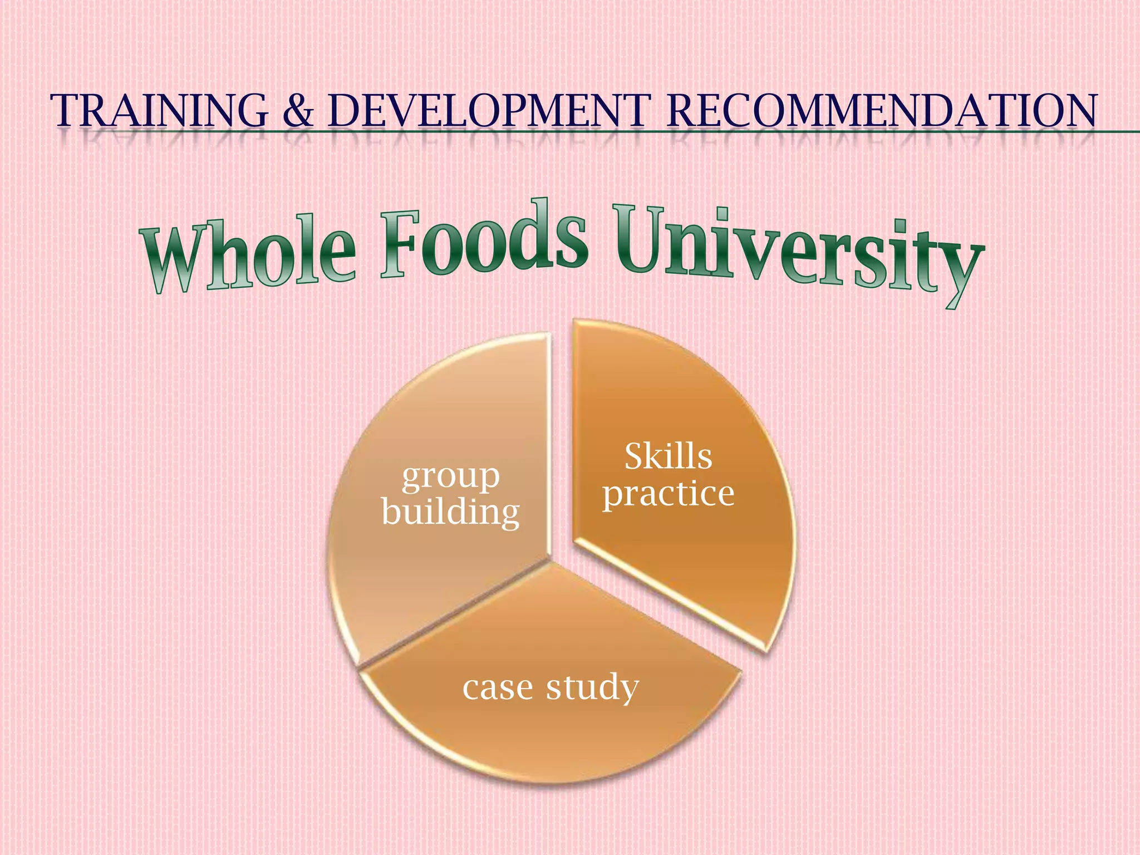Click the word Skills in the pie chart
[668, 456]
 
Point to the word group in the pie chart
[450, 478]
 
